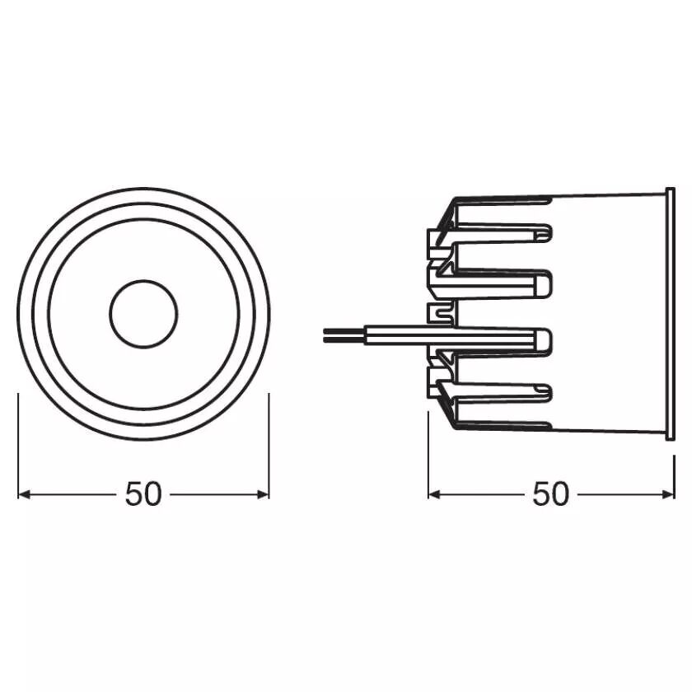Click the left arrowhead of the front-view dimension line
(x=23, y=494)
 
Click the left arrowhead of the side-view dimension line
(x=434, y=494)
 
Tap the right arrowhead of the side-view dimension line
(x=669, y=494)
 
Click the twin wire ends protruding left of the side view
(x=344, y=335)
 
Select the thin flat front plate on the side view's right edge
(x=670, y=313)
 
